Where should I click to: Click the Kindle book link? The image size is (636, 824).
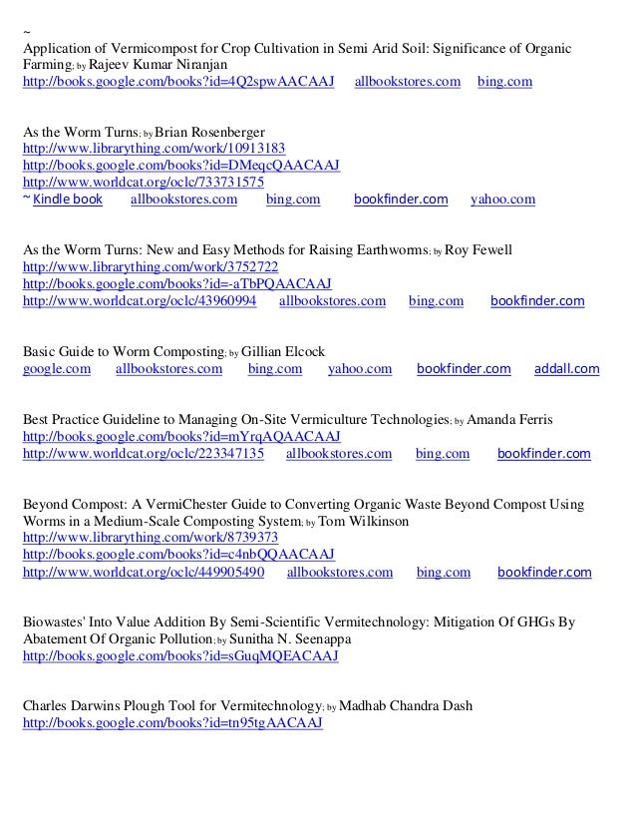[68, 200]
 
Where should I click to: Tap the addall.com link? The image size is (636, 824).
[566, 369]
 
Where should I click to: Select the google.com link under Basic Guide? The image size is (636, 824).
[56, 369]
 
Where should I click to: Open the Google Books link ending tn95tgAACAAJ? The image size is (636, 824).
[172, 723]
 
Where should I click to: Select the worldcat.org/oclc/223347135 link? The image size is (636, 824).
[143, 454]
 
